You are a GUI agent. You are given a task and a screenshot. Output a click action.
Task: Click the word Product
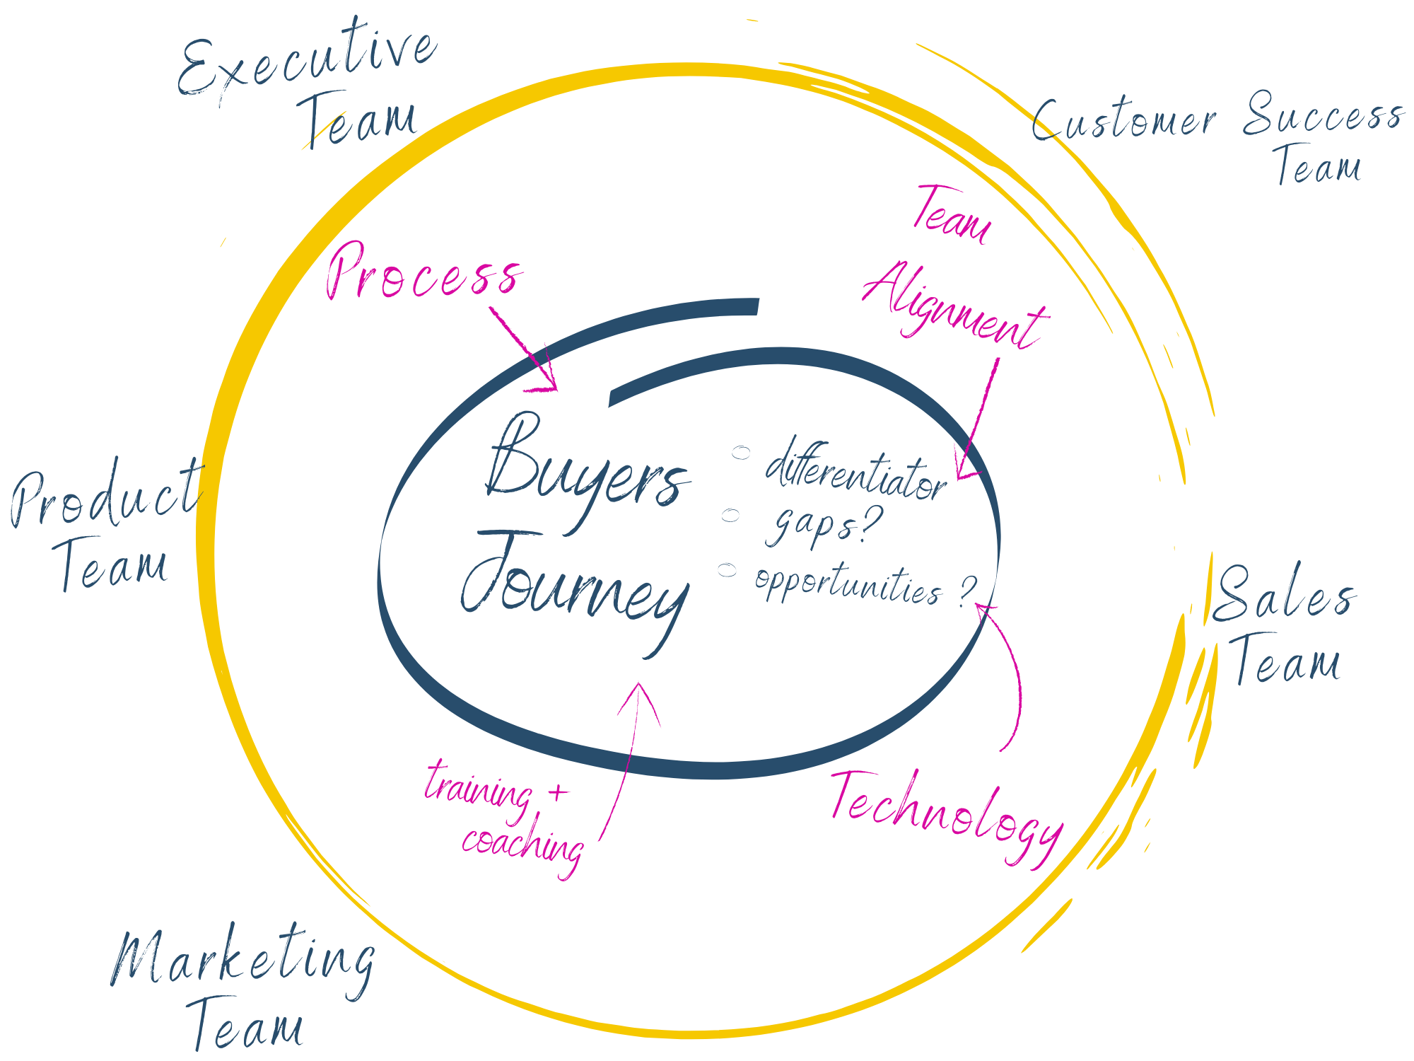[106, 495]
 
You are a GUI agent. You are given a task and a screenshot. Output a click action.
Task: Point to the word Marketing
[244, 958]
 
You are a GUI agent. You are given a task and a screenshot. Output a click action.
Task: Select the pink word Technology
[947, 813]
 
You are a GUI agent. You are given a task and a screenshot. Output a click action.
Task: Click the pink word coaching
[523, 845]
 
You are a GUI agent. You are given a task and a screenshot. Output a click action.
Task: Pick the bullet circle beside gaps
[730, 515]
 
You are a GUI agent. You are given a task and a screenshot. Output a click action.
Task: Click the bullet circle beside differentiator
[740, 452]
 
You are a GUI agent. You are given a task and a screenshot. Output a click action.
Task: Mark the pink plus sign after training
[559, 792]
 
